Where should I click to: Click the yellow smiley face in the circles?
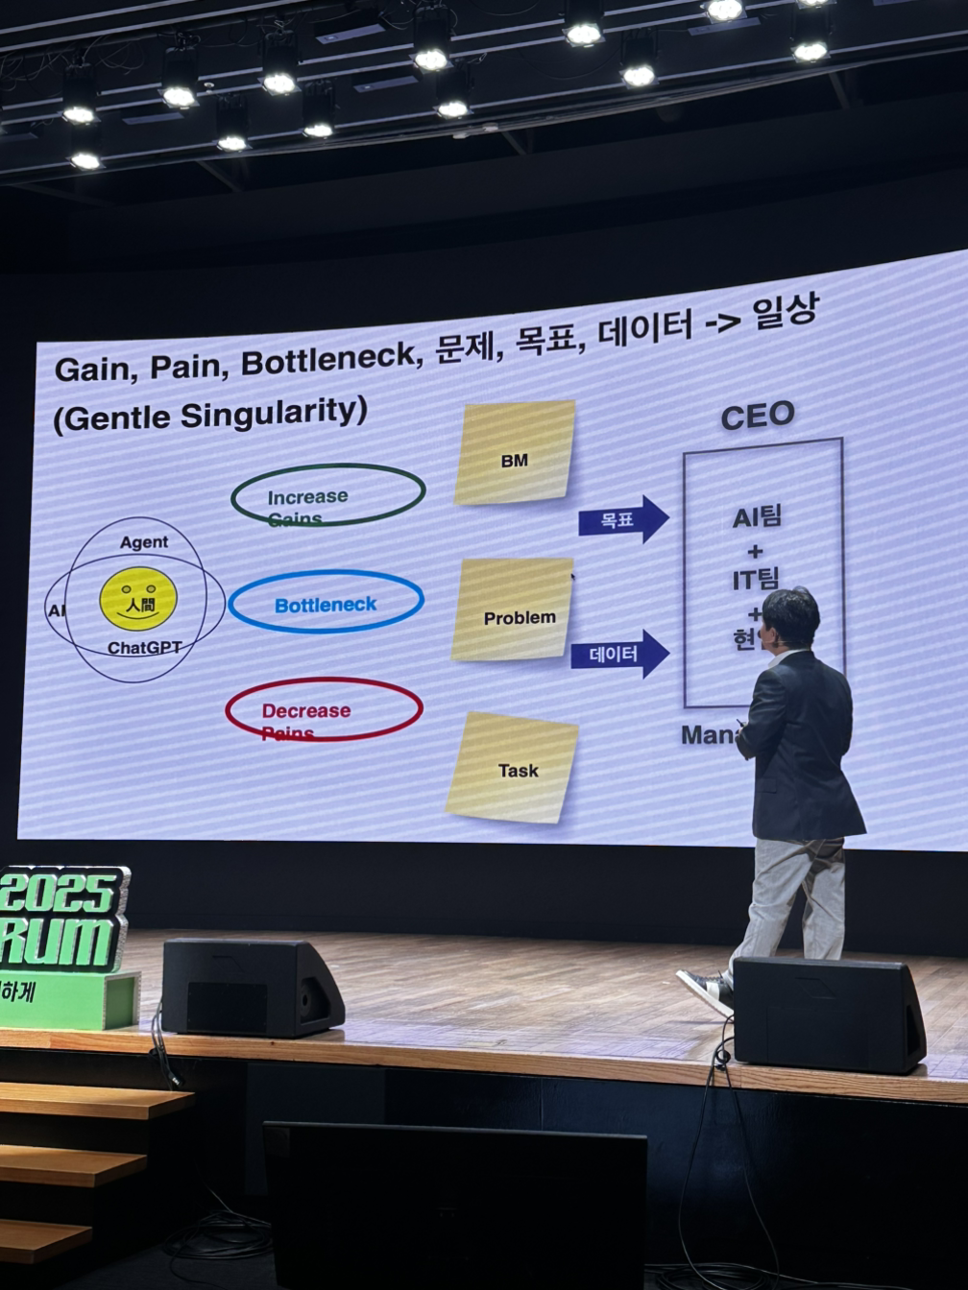(x=138, y=598)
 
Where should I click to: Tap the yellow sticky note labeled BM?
(x=515, y=453)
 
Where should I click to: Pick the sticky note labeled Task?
(x=513, y=768)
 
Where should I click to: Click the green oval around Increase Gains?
(x=327, y=495)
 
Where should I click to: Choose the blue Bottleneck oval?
(x=326, y=603)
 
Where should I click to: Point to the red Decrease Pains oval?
(x=324, y=709)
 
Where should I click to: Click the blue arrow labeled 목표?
(x=622, y=519)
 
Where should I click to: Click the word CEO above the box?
(x=758, y=416)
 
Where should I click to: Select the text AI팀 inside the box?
(x=757, y=517)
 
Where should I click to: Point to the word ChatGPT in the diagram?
(x=144, y=648)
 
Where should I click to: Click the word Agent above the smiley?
(x=144, y=542)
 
